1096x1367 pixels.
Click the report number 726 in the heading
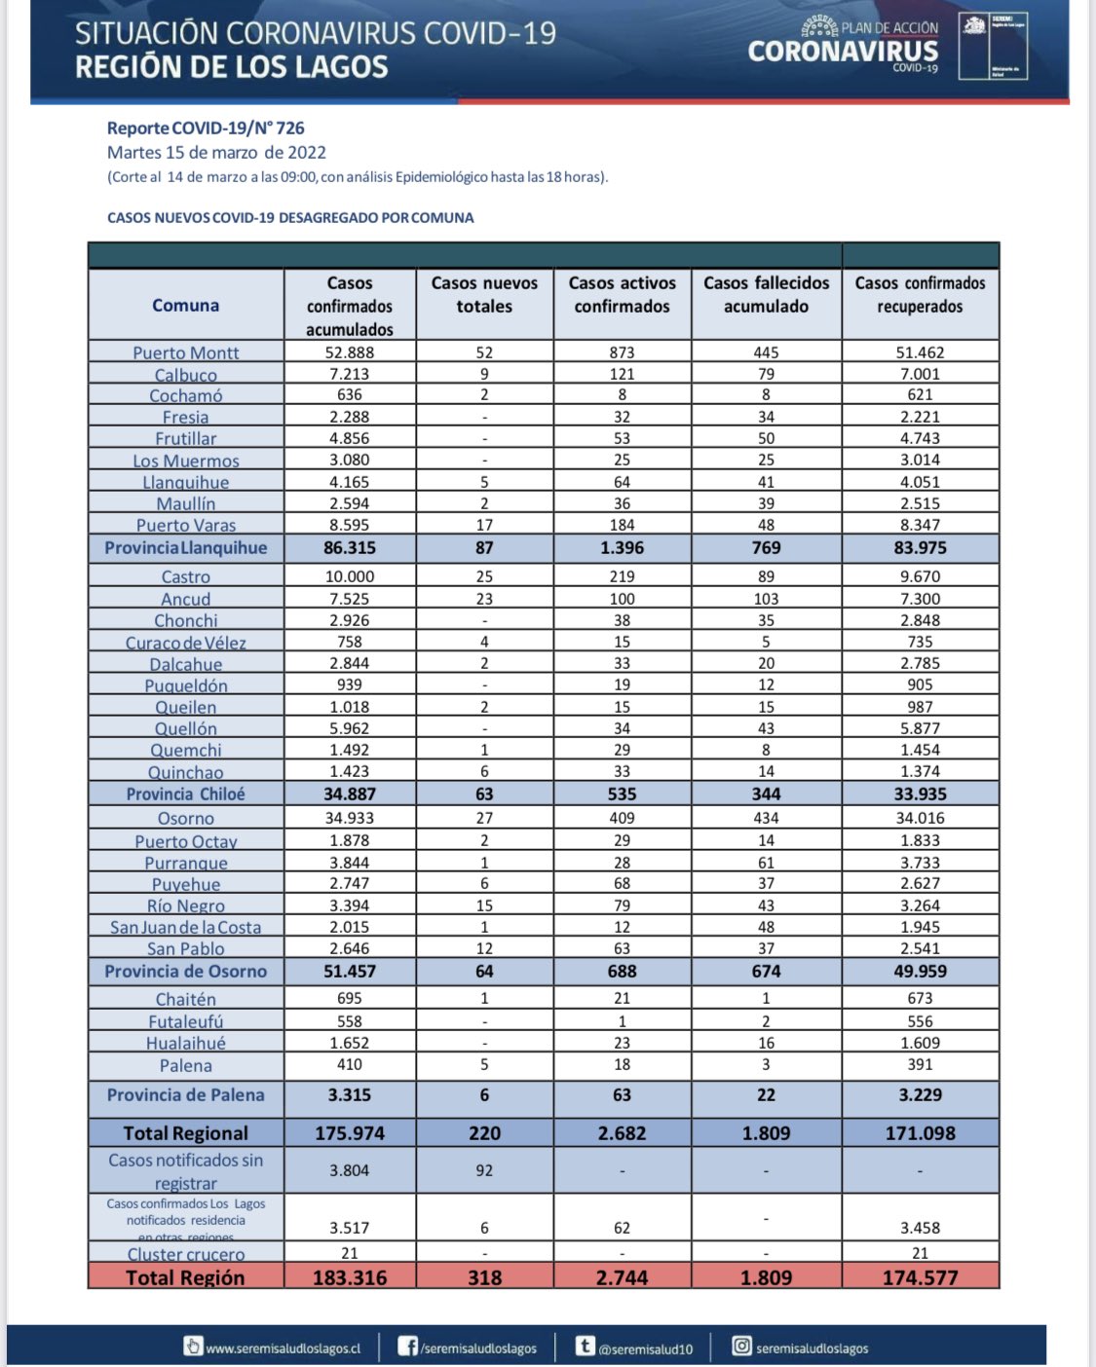[x=290, y=128]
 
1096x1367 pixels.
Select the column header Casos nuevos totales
[x=484, y=294]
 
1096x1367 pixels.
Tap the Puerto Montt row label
[x=185, y=352]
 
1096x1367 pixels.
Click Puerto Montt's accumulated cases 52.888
[x=350, y=352]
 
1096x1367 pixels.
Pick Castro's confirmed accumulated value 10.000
[x=350, y=576]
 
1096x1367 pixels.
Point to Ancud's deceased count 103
[x=767, y=599]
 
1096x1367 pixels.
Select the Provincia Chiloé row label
[x=185, y=794]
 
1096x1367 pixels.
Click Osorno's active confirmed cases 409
[x=622, y=818]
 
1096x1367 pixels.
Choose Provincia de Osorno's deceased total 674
[x=767, y=971]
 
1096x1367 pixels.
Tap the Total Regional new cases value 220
[x=484, y=1133]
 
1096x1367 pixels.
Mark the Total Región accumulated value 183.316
[x=350, y=1277]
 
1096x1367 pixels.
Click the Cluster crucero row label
[x=185, y=1254]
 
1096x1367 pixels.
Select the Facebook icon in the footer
[x=408, y=1347]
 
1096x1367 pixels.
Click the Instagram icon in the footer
[x=741, y=1347]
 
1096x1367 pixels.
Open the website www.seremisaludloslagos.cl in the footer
[x=283, y=1349]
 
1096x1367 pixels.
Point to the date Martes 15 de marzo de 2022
[x=216, y=152]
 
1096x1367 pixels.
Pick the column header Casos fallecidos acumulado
[x=767, y=294]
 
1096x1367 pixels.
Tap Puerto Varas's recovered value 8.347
[x=920, y=525]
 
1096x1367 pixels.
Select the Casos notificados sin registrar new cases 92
[x=484, y=1170]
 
